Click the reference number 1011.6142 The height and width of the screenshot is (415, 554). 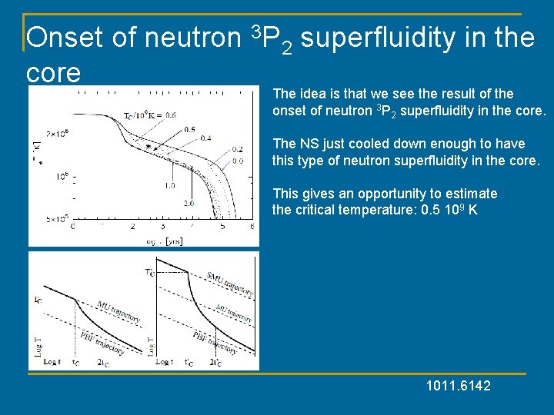(458, 385)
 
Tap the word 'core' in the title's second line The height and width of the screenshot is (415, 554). (53, 72)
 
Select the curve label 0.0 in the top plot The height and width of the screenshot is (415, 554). (239, 161)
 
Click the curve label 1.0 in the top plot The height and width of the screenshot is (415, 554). (169, 185)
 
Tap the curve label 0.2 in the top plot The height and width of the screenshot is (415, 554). (239, 149)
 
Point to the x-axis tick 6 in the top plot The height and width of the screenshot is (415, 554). (252, 227)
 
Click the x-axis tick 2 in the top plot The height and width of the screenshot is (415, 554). (132, 227)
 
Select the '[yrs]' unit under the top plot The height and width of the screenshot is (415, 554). (173, 241)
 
